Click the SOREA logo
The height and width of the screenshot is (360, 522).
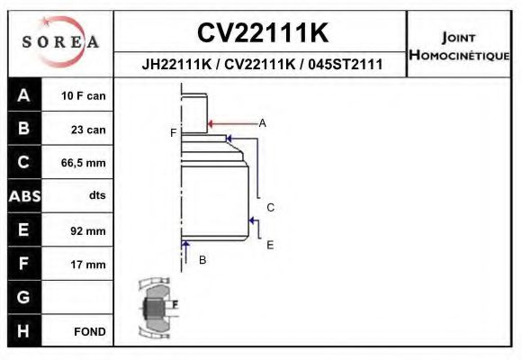coord(59,42)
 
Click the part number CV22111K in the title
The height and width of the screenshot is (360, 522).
coord(262,33)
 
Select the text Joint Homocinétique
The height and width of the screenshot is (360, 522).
coord(459,45)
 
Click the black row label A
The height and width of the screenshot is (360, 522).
coord(23,95)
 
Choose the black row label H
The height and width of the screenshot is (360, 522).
coord(23,331)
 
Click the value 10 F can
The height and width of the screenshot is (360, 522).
coord(83,95)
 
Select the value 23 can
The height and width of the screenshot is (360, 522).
coord(89,130)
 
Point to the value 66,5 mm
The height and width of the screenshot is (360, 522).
coord(83,163)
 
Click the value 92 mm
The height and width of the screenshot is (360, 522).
coord(88,231)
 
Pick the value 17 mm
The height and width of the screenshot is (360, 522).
coord(88,265)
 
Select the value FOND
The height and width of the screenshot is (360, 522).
coord(90,332)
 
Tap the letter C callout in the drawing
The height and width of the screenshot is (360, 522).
coord(269,207)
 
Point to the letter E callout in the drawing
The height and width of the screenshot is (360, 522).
coord(269,244)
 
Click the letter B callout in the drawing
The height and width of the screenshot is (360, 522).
coord(202,260)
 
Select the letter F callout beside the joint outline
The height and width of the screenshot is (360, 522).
coord(173,133)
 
